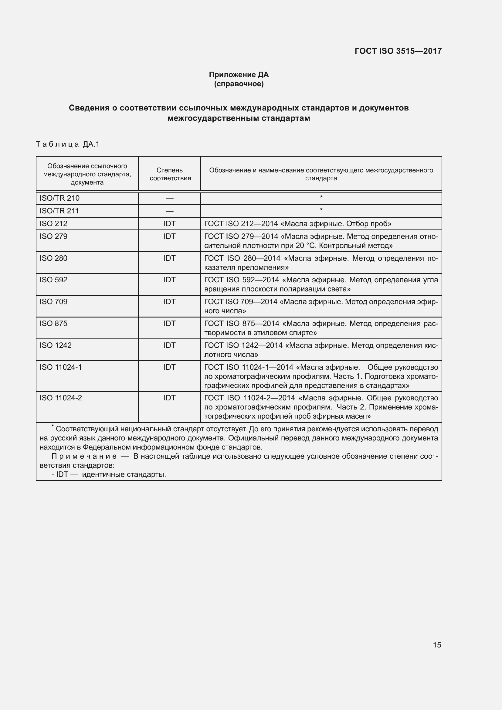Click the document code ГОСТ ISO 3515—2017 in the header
point(398,51)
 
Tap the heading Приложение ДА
point(239,75)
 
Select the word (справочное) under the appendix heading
point(239,84)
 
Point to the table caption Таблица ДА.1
point(68,144)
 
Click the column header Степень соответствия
point(170,174)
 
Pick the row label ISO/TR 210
point(59,198)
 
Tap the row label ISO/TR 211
point(59,211)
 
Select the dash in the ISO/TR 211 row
point(169,211)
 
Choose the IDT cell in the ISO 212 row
point(169,224)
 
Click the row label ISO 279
point(53,236)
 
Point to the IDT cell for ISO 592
point(169,280)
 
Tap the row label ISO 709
point(53,302)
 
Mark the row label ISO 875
point(53,324)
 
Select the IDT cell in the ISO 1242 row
point(169,345)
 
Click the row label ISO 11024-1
point(61,367)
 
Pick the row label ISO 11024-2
point(61,398)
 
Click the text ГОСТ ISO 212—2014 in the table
point(241,224)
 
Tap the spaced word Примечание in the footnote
point(84,457)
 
